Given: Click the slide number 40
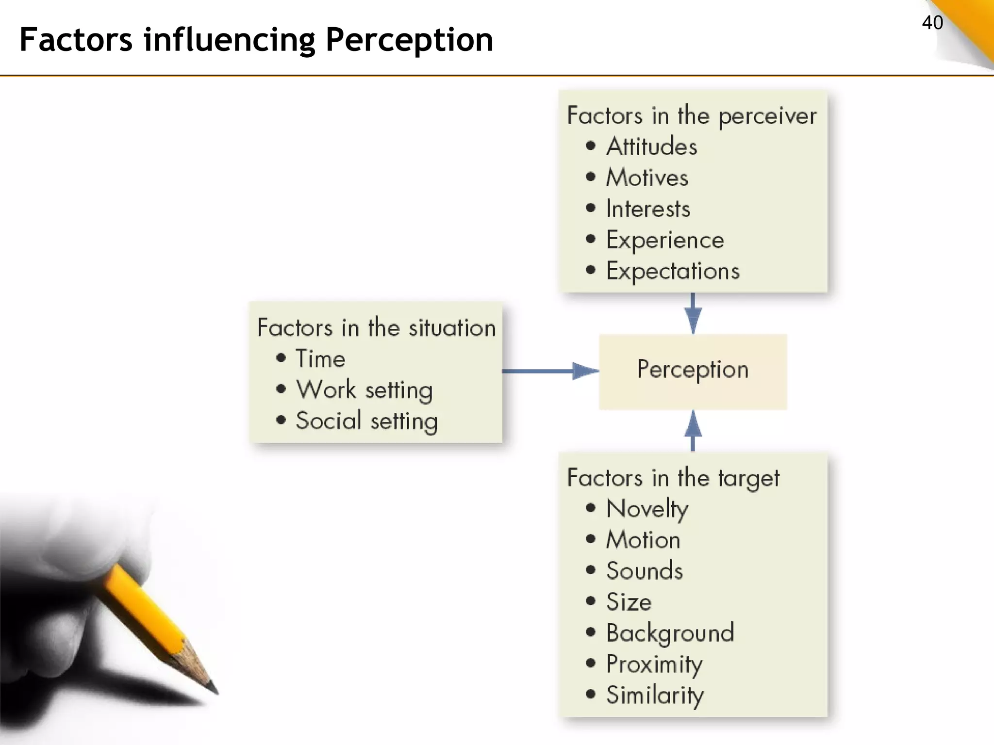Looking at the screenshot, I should [932, 23].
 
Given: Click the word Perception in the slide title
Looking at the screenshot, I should [409, 40].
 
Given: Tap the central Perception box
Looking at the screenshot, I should [693, 371].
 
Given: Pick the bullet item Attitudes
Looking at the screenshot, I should [651, 146].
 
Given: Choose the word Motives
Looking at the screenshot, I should [647, 178].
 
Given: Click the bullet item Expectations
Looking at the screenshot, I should [673, 271].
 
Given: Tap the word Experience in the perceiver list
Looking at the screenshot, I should [665, 240].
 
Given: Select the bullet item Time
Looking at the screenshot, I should [320, 359].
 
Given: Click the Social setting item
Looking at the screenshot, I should [367, 421].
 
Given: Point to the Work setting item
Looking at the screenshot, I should [364, 389].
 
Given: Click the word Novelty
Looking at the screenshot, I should [647, 509].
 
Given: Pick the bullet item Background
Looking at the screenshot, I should [670, 633].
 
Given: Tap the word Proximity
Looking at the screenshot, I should [654, 664].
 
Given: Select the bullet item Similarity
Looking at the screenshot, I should [655, 695].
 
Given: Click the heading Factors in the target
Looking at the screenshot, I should [673, 478].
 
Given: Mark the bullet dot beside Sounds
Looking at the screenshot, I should [591, 570].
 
